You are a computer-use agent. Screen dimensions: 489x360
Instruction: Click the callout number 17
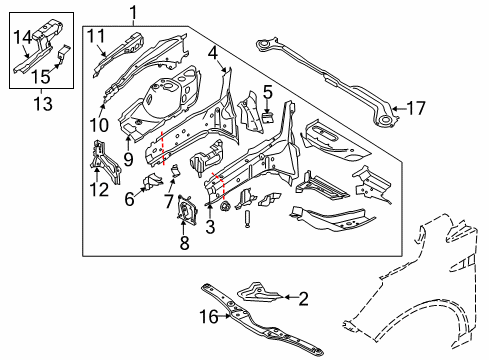click(x=416, y=108)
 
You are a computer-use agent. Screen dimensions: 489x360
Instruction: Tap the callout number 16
click(x=209, y=316)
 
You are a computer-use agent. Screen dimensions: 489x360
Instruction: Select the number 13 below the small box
click(x=43, y=103)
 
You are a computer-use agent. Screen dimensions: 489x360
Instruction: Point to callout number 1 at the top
click(x=133, y=13)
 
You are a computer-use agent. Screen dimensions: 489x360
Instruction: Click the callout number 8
click(x=184, y=242)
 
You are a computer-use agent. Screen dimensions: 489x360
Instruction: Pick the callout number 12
click(x=99, y=190)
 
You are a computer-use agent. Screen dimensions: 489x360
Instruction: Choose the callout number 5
click(x=268, y=92)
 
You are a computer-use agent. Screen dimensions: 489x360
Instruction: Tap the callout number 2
click(x=303, y=299)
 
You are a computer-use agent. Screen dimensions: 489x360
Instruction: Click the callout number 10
click(x=99, y=125)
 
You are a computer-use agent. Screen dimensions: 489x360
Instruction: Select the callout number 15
click(x=41, y=77)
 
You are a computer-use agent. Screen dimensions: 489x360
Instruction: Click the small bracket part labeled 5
click(x=268, y=117)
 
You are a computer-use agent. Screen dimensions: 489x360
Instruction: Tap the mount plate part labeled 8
click(x=187, y=209)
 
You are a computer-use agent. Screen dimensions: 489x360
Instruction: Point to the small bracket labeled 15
click(x=64, y=53)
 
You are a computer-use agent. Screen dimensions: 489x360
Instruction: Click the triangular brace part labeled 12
click(x=105, y=161)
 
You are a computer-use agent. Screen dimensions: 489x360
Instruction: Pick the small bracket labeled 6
click(x=152, y=180)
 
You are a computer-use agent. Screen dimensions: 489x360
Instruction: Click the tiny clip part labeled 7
click(x=175, y=170)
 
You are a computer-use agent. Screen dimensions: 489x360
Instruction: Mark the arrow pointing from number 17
click(x=400, y=108)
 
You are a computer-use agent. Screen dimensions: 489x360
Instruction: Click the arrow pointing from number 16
click(x=225, y=316)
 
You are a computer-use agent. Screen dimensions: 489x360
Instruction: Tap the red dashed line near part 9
click(x=163, y=148)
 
